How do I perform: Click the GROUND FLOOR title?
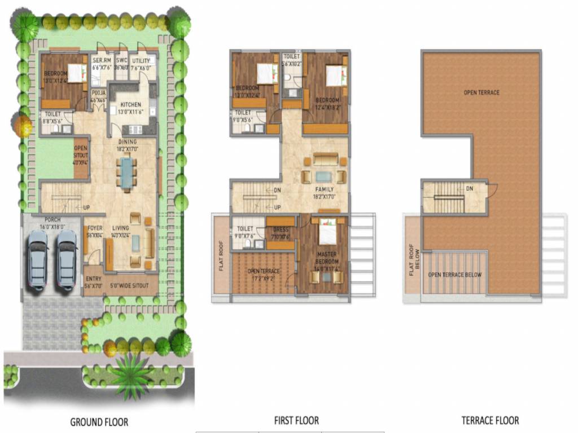99,422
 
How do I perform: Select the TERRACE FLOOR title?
490,421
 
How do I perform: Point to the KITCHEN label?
130,104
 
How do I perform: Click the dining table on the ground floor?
127,173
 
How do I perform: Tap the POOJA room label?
98,95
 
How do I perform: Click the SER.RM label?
102,61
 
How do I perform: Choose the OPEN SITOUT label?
81,153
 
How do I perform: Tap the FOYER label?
95,228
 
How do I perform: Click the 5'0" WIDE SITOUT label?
129,286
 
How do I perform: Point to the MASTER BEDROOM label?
327,258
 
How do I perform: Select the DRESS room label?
281,230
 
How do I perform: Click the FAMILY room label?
324,189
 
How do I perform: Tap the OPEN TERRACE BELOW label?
454,275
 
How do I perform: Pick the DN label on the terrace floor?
469,189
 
